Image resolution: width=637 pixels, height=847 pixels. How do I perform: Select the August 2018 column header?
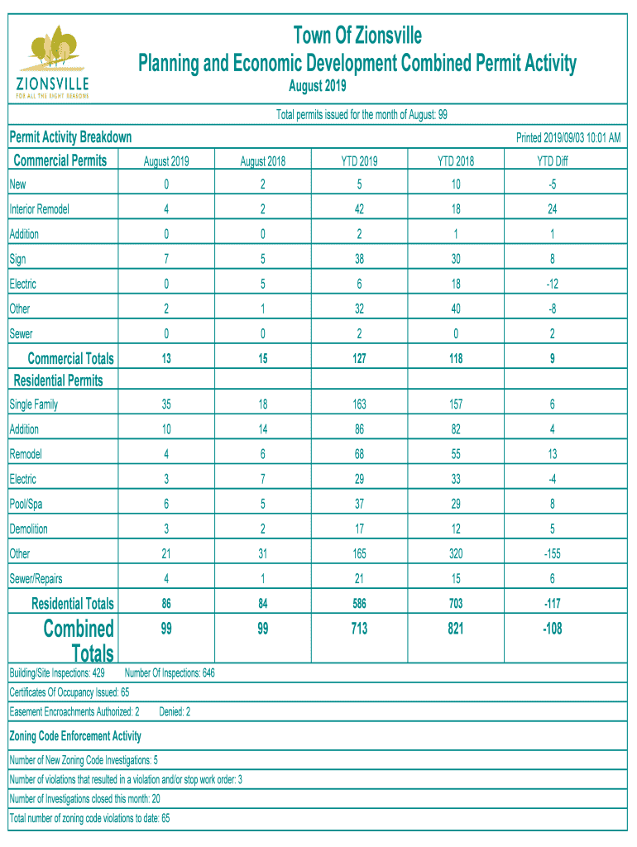coord(262,161)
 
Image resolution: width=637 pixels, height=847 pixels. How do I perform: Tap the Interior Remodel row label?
coord(39,209)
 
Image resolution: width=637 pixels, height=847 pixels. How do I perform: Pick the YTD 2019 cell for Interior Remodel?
coord(359,209)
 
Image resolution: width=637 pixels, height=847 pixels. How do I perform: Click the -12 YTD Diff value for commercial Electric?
coord(552,284)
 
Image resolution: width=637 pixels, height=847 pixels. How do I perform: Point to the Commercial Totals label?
coord(70,358)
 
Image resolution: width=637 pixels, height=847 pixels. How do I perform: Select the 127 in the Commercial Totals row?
coord(359,358)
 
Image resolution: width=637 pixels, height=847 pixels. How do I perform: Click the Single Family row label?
coord(34,404)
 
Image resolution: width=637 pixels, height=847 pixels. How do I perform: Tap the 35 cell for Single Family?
coord(166,404)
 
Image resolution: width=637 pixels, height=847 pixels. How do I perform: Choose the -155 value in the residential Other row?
coord(552,553)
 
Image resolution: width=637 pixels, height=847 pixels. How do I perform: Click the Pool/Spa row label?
coord(26,504)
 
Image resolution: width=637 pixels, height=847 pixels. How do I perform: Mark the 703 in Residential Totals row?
coord(455,603)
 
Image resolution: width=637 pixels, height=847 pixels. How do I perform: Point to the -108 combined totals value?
coord(552,629)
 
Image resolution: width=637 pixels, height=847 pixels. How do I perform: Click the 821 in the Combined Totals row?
coord(455,629)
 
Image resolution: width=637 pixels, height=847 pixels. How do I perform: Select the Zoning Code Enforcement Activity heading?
coord(75,735)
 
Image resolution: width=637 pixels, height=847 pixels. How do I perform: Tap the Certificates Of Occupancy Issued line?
coord(69,691)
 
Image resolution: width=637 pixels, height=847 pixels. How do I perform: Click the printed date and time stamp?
coord(568,137)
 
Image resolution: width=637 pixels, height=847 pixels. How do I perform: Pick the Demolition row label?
coord(29,529)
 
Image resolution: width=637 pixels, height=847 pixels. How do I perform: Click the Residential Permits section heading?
coord(59,380)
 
